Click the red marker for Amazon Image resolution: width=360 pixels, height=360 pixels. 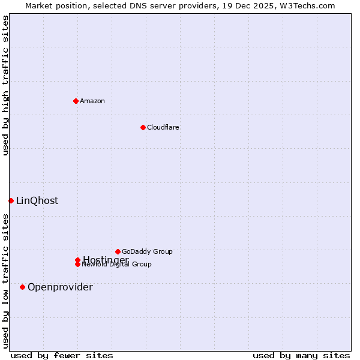[x=76, y=101]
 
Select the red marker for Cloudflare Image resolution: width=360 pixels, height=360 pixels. [x=143, y=127]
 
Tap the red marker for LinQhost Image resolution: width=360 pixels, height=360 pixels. [x=11, y=200]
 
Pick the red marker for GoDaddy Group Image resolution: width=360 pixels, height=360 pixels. [x=118, y=251]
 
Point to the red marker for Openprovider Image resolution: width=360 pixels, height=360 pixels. [x=22, y=287]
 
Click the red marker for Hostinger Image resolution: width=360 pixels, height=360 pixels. [x=77, y=260]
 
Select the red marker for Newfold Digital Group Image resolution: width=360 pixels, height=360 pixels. [x=77, y=265]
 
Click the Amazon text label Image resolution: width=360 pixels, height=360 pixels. [x=92, y=101]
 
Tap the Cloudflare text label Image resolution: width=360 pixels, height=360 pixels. [x=163, y=127]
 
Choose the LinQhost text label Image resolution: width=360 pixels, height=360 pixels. [x=37, y=201]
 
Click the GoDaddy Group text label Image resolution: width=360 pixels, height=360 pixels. [x=147, y=251]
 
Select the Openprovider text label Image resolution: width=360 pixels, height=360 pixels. [x=60, y=287]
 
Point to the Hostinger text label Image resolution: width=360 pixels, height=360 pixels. [x=106, y=259]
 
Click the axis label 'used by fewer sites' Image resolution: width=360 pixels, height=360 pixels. [x=62, y=356]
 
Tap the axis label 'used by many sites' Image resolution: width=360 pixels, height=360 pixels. [x=301, y=356]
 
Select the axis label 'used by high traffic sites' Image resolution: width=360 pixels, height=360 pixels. [x=6, y=85]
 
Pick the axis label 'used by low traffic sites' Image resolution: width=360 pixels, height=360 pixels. [x=6, y=281]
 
